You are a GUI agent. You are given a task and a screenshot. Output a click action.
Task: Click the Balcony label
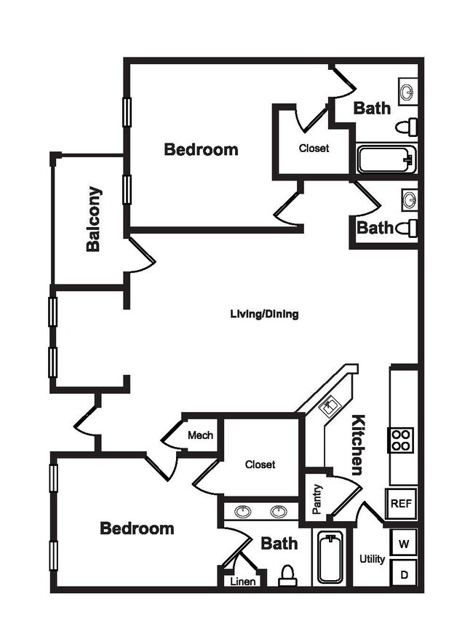click(x=93, y=220)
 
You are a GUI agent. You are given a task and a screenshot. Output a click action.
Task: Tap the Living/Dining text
click(x=264, y=314)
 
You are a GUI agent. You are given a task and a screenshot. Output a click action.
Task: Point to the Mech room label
click(x=200, y=435)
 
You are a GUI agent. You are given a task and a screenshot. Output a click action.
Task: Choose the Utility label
click(x=372, y=559)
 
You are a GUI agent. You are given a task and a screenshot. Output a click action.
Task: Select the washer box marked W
click(x=404, y=542)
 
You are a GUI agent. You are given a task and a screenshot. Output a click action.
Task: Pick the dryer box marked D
click(x=404, y=574)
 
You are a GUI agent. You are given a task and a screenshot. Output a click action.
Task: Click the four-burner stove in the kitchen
click(x=401, y=439)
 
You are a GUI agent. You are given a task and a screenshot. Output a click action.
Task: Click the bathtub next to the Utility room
click(x=330, y=558)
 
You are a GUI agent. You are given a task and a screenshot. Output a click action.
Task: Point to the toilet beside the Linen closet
click(x=287, y=575)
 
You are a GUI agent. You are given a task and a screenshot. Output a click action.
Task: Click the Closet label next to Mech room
click(x=260, y=464)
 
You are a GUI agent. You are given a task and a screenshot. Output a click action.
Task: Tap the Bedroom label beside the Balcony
click(x=201, y=149)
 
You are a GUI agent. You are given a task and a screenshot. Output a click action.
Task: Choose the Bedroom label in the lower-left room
click(x=137, y=528)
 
